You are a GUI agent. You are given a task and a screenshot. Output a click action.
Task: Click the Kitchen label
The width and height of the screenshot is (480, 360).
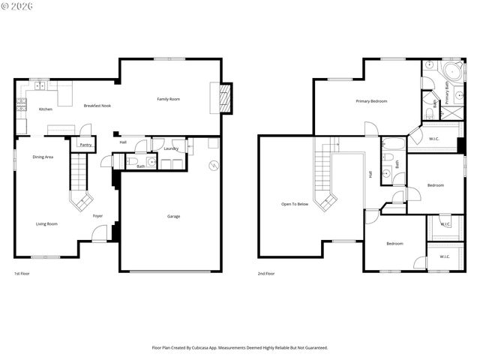pyautogui.click(x=46, y=109)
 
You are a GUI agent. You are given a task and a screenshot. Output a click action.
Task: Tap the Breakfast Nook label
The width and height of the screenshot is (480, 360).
pyautogui.click(x=97, y=106)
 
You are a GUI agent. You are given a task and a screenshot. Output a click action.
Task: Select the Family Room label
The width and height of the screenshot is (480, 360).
pyautogui.click(x=168, y=99)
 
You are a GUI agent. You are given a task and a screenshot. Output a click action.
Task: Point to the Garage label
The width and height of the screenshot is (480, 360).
pyautogui.click(x=173, y=217)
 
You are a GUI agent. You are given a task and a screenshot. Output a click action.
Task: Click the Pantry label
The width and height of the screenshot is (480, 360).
pyautogui.click(x=85, y=145)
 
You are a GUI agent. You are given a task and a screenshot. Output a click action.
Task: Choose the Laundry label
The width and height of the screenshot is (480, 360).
pyautogui.click(x=170, y=148)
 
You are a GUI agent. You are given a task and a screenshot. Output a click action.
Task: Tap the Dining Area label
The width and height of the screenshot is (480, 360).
pyautogui.click(x=43, y=157)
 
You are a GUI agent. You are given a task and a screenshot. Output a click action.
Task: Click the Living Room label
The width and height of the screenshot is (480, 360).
pyautogui.click(x=46, y=223)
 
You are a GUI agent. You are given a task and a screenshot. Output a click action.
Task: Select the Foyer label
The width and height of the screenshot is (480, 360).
pyautogui.click(x=97, y=216)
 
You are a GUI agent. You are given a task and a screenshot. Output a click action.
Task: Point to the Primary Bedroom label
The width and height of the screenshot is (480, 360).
pyautogui.click(x=371, y=100)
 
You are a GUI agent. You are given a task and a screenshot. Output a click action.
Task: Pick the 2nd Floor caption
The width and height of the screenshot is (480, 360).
pyautogui.click(x=266, y=274)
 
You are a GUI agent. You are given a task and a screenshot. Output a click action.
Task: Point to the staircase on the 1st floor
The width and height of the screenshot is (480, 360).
pyautogui.click(x=79, y=180)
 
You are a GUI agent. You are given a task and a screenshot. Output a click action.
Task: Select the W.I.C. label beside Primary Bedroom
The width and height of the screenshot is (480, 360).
pyautogui.click(x=434, y=138)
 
